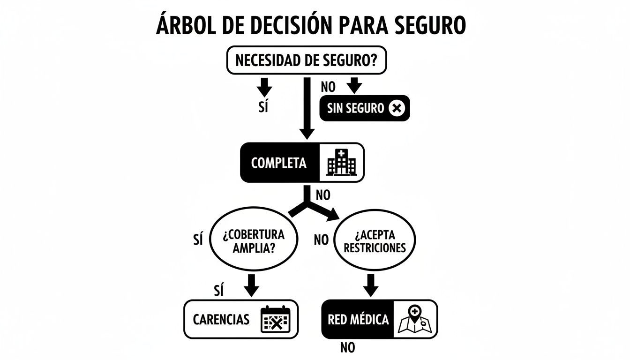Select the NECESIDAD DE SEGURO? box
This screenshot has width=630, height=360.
tap(307, 60)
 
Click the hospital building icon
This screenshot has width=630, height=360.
tap(341, 163)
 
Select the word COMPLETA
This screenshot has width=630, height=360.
tap(279, 163)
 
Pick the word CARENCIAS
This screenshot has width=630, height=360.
tap(221, 320)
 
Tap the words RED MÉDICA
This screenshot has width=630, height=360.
tap(359, 320)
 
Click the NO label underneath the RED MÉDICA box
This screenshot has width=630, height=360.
tap(347, 348)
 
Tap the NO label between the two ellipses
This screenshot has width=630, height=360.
tap(321, 240)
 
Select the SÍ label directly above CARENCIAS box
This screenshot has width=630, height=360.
tap(218, 291)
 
